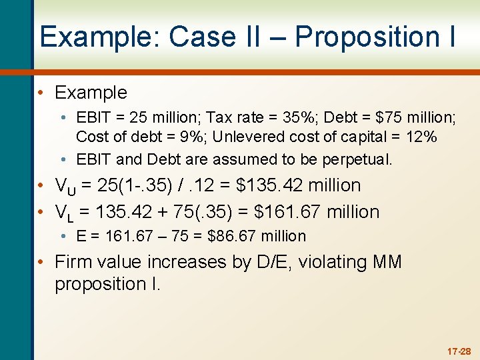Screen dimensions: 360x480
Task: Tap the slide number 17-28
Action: pyautogui.click(x=459, y=351)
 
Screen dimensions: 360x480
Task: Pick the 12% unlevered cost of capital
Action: pyautogui.click(x=421, y=137)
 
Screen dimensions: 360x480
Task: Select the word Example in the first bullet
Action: pyautogui.click(x=91, y=92)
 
